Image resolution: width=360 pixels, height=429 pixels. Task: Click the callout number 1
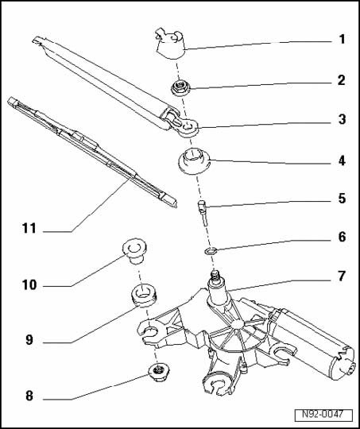pos(342,40)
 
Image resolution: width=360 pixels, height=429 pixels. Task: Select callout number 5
pos(342,198)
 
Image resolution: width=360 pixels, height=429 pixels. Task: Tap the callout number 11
pos(29,228)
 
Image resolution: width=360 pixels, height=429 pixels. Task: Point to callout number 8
pos(29,396)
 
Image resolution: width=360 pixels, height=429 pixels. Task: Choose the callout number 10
pos(29,285)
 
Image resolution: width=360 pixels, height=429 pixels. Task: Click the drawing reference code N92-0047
pos(323,414)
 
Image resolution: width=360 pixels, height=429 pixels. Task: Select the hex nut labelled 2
pos(180,88)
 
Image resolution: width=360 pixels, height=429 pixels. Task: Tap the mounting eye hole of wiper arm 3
pos(188,126)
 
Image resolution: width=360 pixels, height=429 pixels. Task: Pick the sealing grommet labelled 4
pos(194,161)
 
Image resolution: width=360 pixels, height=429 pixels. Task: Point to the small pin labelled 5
pos(203,212)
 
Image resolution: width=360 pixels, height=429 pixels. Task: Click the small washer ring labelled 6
pos(211,249)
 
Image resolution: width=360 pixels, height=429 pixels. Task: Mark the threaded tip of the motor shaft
pos(215,274)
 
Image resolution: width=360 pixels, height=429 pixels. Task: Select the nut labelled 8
pos(158,373)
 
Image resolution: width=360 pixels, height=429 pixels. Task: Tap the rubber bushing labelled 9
pos(144,296)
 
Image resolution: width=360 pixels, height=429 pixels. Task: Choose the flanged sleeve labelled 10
pos(134,251)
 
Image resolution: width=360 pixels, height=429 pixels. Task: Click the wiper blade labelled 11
pos(92,152)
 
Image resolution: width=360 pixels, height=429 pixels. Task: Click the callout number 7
pos(342,276)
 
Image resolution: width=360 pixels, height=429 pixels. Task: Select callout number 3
pos(342,119)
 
